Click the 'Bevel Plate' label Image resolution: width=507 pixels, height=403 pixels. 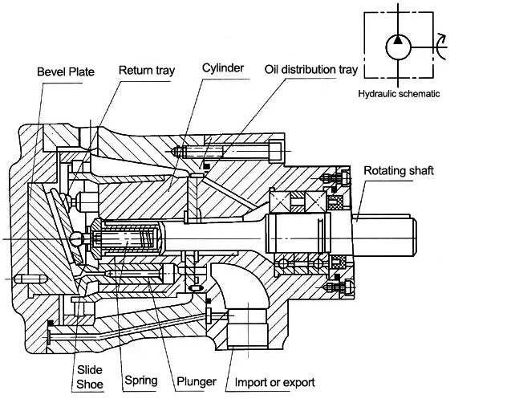click(66, 72)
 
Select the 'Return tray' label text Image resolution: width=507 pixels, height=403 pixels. click(147, 70)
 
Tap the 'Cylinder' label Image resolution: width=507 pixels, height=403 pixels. click(223, 68)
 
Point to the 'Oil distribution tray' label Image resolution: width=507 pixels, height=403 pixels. click(311, 70)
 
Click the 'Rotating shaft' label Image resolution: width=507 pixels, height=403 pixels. click(399, 170)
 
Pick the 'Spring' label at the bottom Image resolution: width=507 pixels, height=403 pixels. click(141, 381)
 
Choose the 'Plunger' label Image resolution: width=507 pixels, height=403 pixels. click(197, 381)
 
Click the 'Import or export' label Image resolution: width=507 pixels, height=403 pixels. click(275, 382)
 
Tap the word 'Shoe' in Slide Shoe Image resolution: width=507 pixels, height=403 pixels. click(90, 385)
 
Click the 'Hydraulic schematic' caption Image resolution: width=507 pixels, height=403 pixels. click(399, 94)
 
